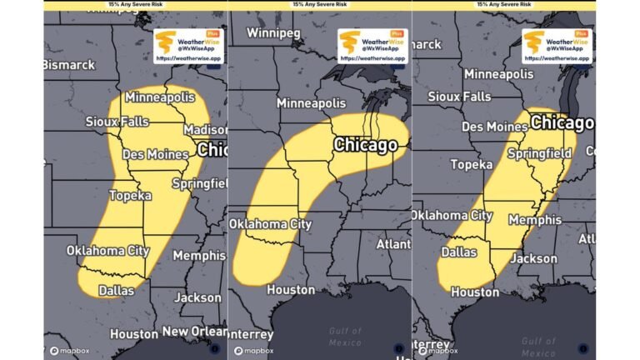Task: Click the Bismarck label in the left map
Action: tap(69, 64)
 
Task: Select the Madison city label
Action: tap(206, 130)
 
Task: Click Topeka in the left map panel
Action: tap(130, 196)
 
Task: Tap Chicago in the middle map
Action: tap(365, 145)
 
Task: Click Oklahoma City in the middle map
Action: tap(270, 224)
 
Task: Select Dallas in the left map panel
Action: tap(116, 291)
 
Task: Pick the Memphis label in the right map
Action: tap(534, 220)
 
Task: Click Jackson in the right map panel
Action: tap(533, 258)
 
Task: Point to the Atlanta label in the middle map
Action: tap(392, 244)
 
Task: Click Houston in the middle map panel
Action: tap(290, 290)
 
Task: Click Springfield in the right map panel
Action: tap(539, 153)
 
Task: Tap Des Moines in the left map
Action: tap(155, 155)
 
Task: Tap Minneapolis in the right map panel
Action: tap(498, 74)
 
